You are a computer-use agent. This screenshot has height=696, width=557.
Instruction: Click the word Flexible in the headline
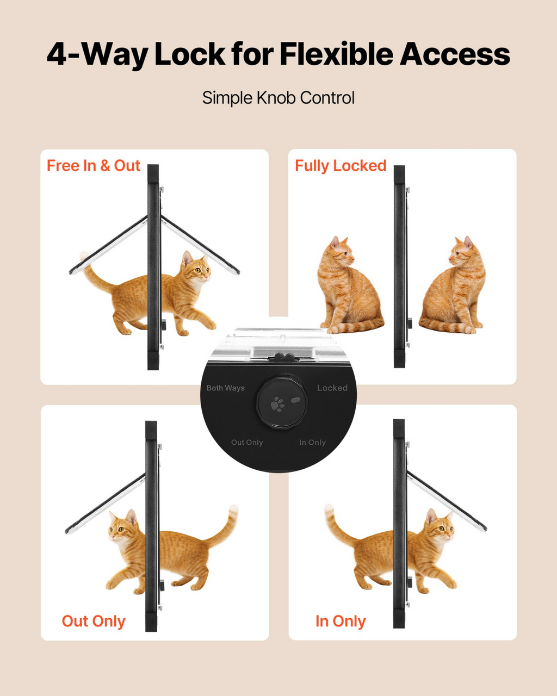[336, 54]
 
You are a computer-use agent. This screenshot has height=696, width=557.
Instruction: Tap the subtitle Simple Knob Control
[278, 98]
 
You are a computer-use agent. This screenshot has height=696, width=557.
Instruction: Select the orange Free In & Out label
[93, 166]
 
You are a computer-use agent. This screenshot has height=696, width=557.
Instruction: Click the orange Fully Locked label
[341, 166]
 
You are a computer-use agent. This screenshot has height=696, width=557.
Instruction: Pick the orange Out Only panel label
[94, 621]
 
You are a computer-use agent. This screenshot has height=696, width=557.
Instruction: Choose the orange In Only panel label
[341, 621]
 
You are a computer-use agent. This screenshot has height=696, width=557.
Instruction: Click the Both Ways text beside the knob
[226, 388]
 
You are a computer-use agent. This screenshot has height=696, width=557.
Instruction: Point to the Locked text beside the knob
[332, 388]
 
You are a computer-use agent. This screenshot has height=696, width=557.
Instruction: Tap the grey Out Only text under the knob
[247, 443]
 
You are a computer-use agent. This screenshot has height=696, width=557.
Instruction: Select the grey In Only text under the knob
[312, 443]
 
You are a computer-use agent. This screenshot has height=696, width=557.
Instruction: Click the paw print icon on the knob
[278, 404]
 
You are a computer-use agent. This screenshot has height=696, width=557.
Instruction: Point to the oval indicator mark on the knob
[295, 400]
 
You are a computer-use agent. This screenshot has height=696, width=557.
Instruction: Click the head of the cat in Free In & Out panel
[195, 268]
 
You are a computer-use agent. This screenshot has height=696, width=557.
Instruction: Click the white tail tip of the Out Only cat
[233, 510]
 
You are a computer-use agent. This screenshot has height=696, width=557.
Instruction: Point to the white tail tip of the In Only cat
[329, 509]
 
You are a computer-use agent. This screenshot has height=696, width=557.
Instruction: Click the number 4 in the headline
[57, 54]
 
